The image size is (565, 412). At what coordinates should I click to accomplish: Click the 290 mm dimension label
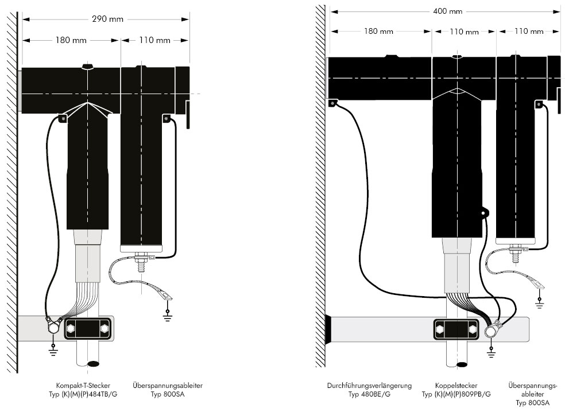pos(107,19)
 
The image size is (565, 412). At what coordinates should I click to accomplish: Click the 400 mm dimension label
pos(448,11)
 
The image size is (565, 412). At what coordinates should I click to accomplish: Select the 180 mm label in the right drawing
pos(379,31)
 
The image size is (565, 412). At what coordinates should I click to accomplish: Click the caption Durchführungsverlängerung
pos(369,386)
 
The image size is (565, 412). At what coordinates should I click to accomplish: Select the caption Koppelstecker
pos(456,386)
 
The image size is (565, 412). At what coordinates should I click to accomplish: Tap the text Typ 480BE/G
pos(369,395)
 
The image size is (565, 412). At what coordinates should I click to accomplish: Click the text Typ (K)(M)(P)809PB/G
pos(456,395)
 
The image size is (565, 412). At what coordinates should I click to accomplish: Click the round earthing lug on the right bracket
pos(492,332)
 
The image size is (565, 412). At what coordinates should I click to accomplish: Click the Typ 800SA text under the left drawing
pos(167,395)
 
